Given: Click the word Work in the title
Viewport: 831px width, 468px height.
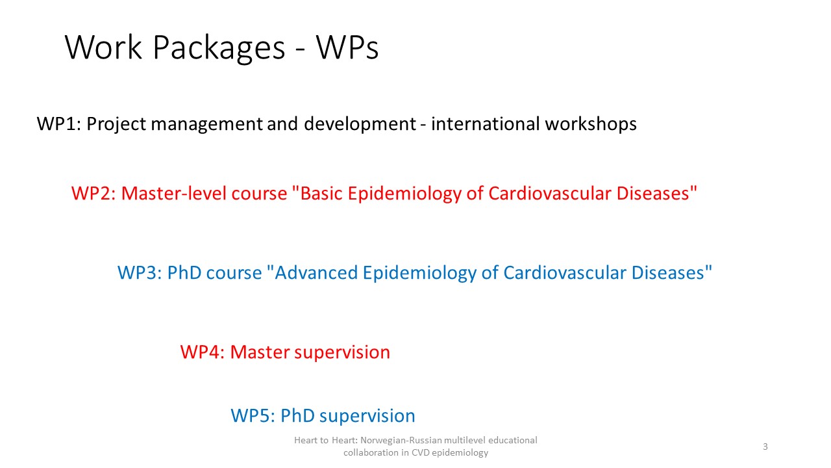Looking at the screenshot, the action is pos(103,47).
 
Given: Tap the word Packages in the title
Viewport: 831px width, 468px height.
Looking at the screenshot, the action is pos(219,49).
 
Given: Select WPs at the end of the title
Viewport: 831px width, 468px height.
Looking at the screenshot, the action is pos(347,47).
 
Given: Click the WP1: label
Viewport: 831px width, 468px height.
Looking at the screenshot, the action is pos(59,123).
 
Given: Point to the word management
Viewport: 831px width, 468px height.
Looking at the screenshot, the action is pos(206,123).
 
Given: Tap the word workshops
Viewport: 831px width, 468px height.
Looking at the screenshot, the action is pos(591,123).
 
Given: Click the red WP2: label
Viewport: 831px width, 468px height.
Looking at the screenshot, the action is pos(93,194).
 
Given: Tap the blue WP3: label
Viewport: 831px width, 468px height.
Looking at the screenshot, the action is pos(140,273).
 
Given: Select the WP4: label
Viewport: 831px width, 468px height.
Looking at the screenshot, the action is pos(203,352).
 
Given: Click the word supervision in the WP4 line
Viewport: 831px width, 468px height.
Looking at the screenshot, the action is pos(342,353).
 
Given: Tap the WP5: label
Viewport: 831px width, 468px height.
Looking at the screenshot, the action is pos(253,415).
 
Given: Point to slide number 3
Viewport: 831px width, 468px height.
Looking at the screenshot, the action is pos(765,447).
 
